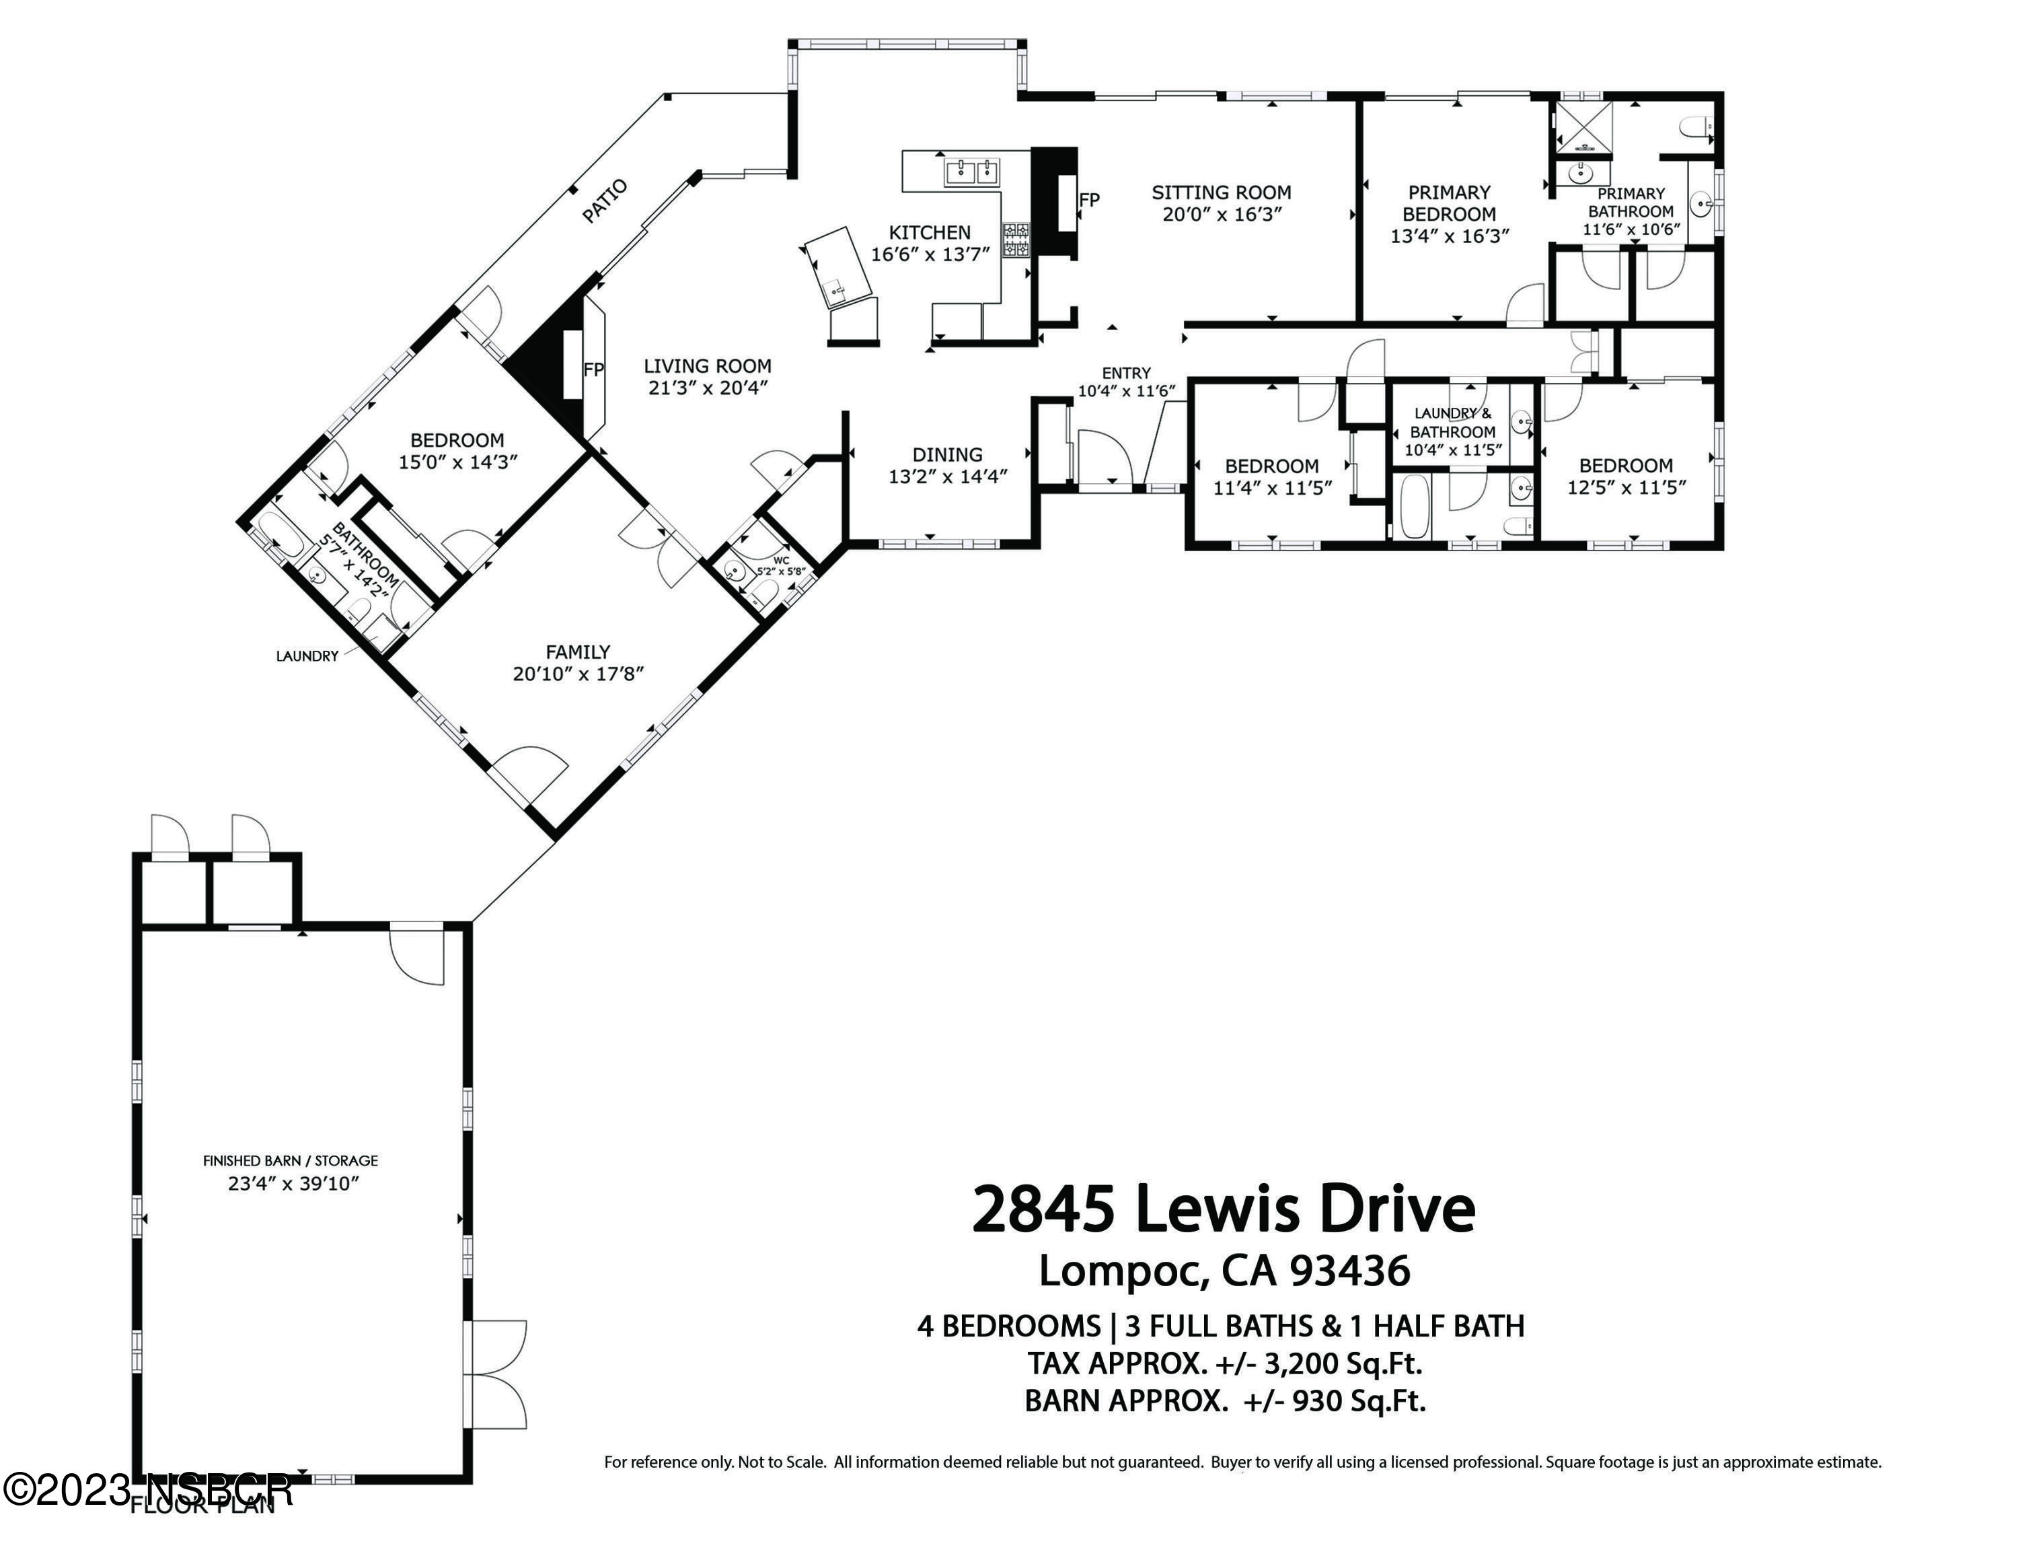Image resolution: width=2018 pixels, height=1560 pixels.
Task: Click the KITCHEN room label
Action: click(930, 233)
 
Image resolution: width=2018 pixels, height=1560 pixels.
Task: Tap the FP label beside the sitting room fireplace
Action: click(1090, 201)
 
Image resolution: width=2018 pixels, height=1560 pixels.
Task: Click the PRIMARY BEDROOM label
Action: click(1449, 203)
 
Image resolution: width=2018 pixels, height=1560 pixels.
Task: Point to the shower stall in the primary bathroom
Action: click(1583, 128)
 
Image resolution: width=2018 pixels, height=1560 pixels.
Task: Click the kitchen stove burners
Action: click(1016, 240)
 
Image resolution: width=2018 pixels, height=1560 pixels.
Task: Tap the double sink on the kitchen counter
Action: click(971, 172)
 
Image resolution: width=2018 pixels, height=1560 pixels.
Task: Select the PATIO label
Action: click(605, 201)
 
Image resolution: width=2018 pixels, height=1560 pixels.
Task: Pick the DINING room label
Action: click(947, 455)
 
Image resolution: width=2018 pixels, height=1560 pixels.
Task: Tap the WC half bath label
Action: click(782, 560)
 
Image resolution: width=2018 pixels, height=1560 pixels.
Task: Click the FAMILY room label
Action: click(578, 652)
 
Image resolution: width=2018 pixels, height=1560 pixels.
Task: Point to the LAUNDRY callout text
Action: click(307, 656)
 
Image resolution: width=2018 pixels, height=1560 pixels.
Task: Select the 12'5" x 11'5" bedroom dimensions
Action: click(1627, 487)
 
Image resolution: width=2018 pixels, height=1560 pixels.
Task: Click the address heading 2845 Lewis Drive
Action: click(1224, 1210)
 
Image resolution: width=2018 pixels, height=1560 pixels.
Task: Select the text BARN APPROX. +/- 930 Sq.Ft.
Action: click(1225, 1401)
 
